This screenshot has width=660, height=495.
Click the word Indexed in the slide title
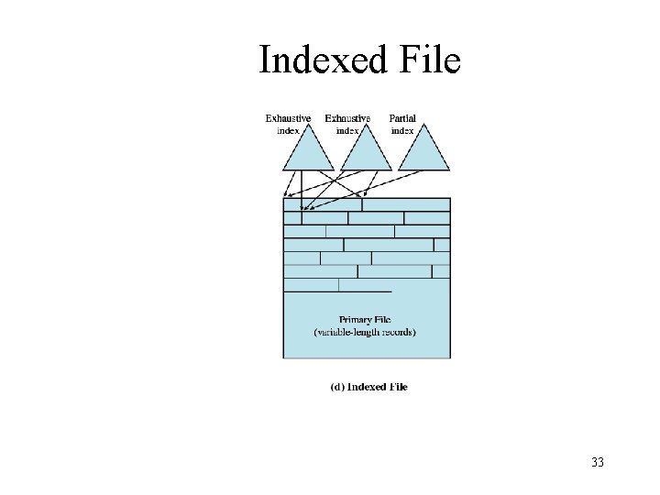314,61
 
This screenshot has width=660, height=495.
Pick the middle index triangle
366,152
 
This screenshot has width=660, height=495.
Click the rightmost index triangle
423,152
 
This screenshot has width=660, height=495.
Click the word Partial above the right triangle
403,118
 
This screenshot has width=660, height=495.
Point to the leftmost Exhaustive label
288,118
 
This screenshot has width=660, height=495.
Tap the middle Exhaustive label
347,118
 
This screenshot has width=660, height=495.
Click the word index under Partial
403,130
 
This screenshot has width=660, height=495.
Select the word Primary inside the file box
353,320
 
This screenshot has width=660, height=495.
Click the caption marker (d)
336,387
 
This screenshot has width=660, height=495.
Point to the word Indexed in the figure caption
367,387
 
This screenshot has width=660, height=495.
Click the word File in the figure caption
398,387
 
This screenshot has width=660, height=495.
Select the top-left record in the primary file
322,204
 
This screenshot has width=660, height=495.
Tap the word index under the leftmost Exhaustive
288,130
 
